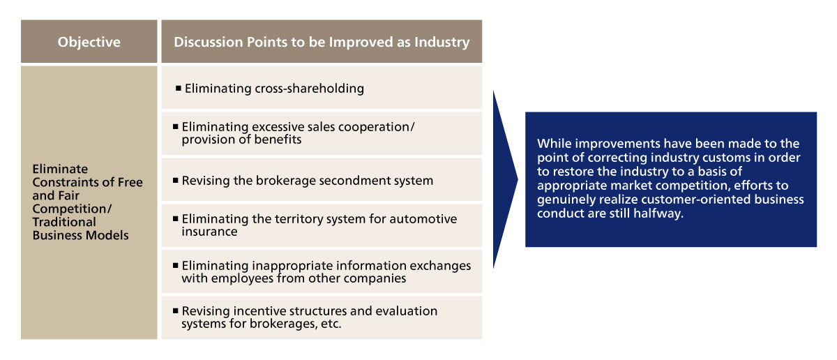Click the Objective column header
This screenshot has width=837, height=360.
coord(89,42)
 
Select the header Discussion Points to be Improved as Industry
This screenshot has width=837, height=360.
coord(322,43)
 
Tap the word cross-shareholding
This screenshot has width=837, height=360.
coord(309,89)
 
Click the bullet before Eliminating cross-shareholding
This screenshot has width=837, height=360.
coord(179,88)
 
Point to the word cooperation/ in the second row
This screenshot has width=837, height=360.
coord(376,127)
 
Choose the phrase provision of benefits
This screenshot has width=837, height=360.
coord(241,140)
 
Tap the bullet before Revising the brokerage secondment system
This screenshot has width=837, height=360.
coord(175,180)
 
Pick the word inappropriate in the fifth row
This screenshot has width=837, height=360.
coord(292,266)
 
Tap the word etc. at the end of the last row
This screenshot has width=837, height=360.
coord(331,324)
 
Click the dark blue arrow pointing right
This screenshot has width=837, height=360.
coord(505,179)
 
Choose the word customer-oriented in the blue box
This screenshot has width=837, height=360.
coord(696,200)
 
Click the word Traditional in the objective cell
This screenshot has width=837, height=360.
coord(64,222)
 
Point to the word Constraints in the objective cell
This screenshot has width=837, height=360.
coord(66,182)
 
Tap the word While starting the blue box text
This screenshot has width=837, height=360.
coord(554,144)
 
